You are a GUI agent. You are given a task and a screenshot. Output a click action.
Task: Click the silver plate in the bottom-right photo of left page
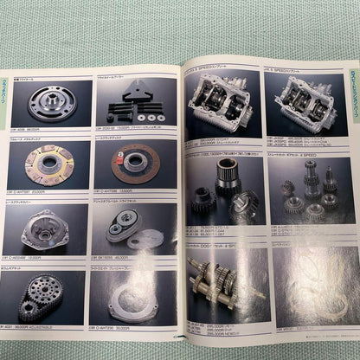[x=138, y=299]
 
